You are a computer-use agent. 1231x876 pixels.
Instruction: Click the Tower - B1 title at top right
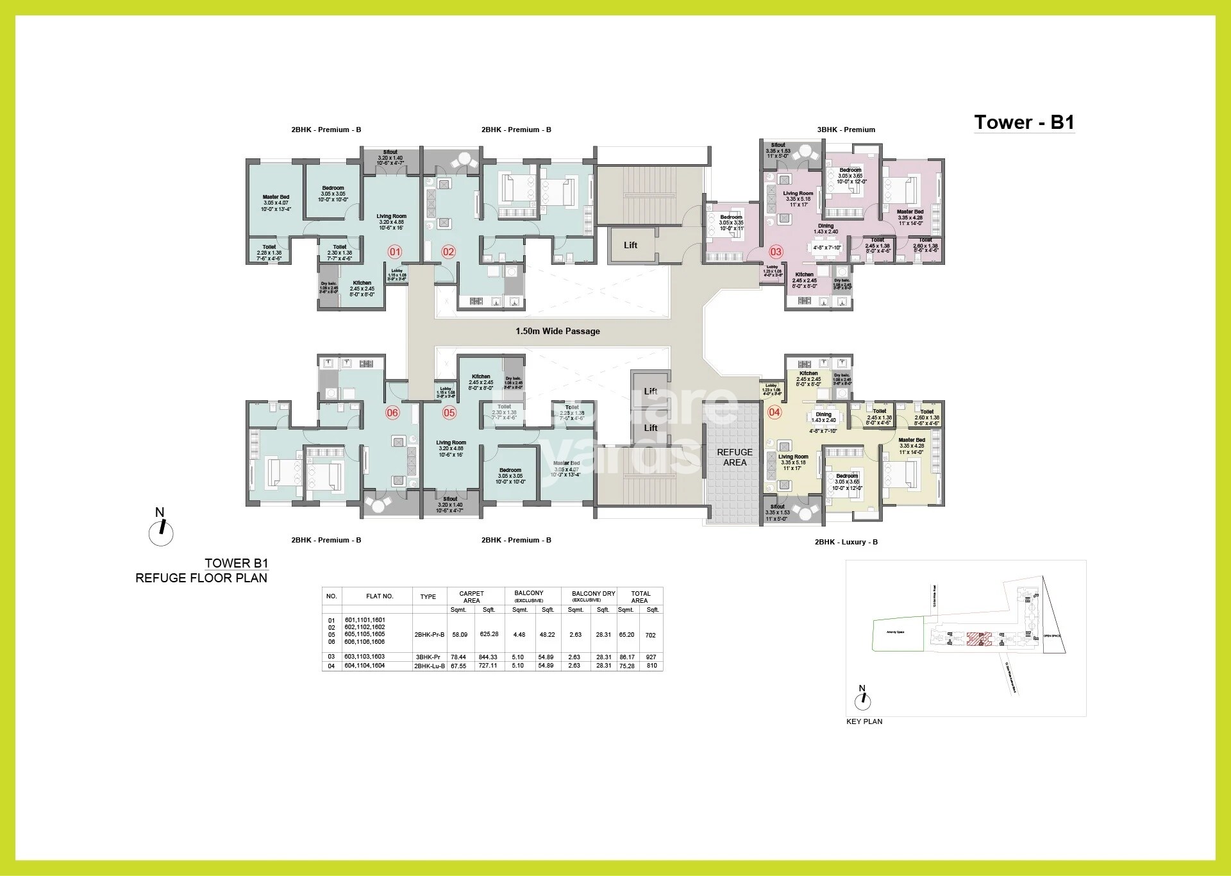point(1024,122)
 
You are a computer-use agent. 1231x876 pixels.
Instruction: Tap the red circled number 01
point(395,252)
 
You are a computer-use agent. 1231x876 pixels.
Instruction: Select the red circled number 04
point(775,412)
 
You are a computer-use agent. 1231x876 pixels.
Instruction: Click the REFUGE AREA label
point(735,457)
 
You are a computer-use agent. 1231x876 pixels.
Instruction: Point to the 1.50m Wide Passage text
point(558,332)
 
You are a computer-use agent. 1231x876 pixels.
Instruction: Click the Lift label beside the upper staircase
point(631,245)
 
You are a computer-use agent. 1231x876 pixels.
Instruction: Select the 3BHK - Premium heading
point(846,130)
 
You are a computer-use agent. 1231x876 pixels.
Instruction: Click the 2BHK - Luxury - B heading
point(846,542)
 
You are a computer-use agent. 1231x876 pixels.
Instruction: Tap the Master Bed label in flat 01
point(276,198)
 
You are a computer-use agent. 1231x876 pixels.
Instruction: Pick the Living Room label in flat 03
point(798,193)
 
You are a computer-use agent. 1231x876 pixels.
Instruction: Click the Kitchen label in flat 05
point(481,376)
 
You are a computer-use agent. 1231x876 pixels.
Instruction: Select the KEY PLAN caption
point(864,721)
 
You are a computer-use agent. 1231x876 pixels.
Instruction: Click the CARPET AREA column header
point(471,596)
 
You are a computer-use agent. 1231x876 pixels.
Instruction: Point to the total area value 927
point(651,657)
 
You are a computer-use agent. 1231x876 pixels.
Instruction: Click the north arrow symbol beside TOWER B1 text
point(161,532)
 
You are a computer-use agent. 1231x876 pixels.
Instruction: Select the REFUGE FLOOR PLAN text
point(201,578)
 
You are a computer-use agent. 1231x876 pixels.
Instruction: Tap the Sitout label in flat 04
point(776,506)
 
